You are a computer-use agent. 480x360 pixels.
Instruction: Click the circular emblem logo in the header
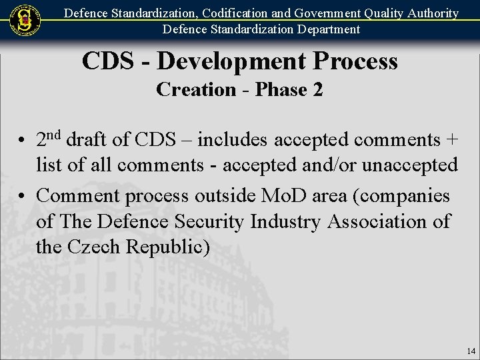tap(25, 21)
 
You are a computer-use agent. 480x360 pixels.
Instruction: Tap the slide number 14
tap(471, 351)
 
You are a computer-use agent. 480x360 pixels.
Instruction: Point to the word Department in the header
tap(327, 29)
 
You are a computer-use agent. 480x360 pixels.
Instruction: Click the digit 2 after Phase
tap(317, 89)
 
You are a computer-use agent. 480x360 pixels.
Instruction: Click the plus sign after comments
tap(452, 140)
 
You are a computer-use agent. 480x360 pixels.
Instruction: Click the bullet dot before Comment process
tap(22, 197)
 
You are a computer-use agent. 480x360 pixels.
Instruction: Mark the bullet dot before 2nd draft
tap(22, 141)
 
